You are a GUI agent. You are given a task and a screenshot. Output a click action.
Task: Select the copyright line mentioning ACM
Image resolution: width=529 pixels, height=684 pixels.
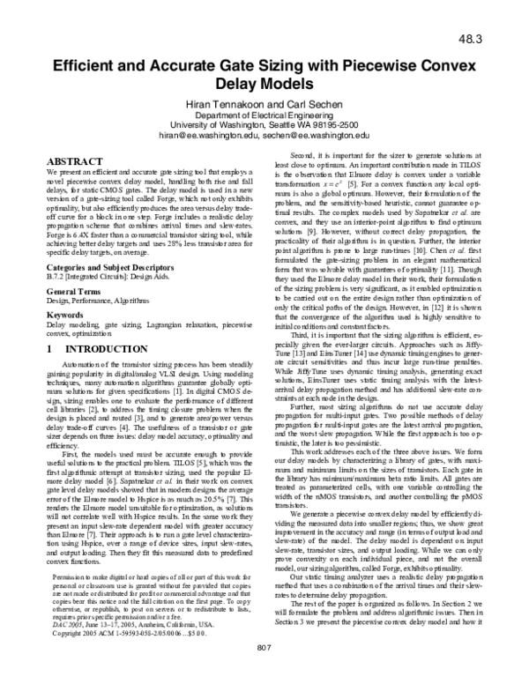click(130, 634)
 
